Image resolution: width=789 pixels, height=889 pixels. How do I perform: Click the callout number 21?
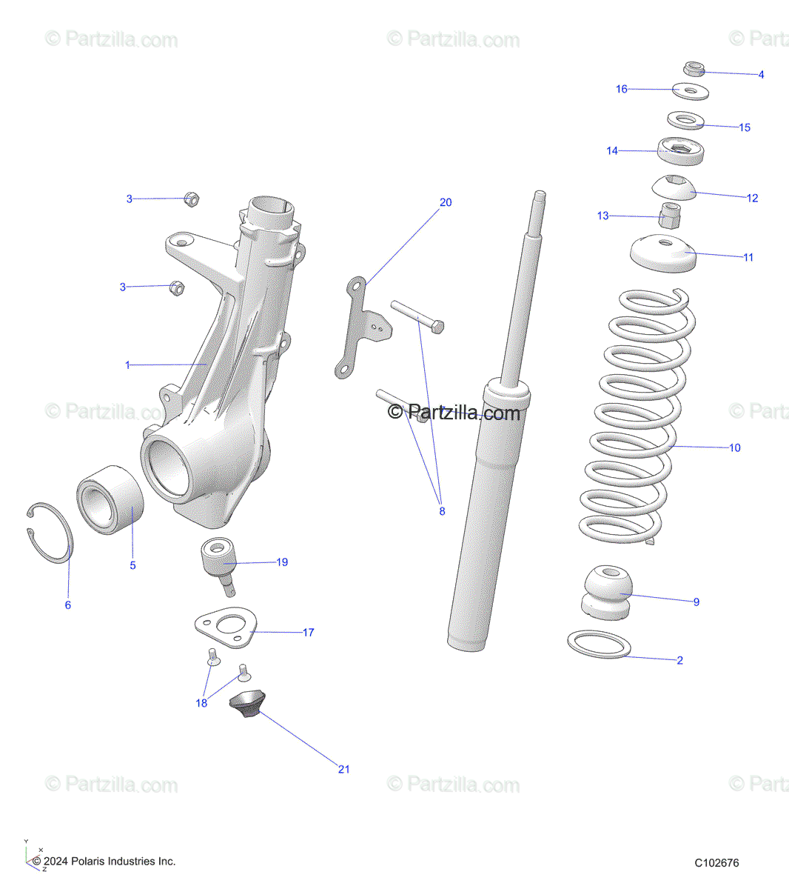[343, 769]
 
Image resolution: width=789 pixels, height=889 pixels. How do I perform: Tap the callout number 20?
[446, 202]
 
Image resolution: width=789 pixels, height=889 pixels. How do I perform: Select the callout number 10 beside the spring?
[734, 447]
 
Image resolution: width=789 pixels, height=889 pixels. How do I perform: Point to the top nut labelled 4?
[694, 69]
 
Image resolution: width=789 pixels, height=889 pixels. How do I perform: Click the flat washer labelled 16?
[691, 92]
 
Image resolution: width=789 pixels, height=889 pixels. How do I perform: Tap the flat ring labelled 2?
[599, 644]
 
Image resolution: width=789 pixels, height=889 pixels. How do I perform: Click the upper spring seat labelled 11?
[663, 253]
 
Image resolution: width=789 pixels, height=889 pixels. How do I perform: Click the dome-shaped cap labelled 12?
[674, 187]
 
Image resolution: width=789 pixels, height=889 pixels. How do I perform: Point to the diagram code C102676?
[716, 862]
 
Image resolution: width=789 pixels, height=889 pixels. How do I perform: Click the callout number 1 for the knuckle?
[127, 365]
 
